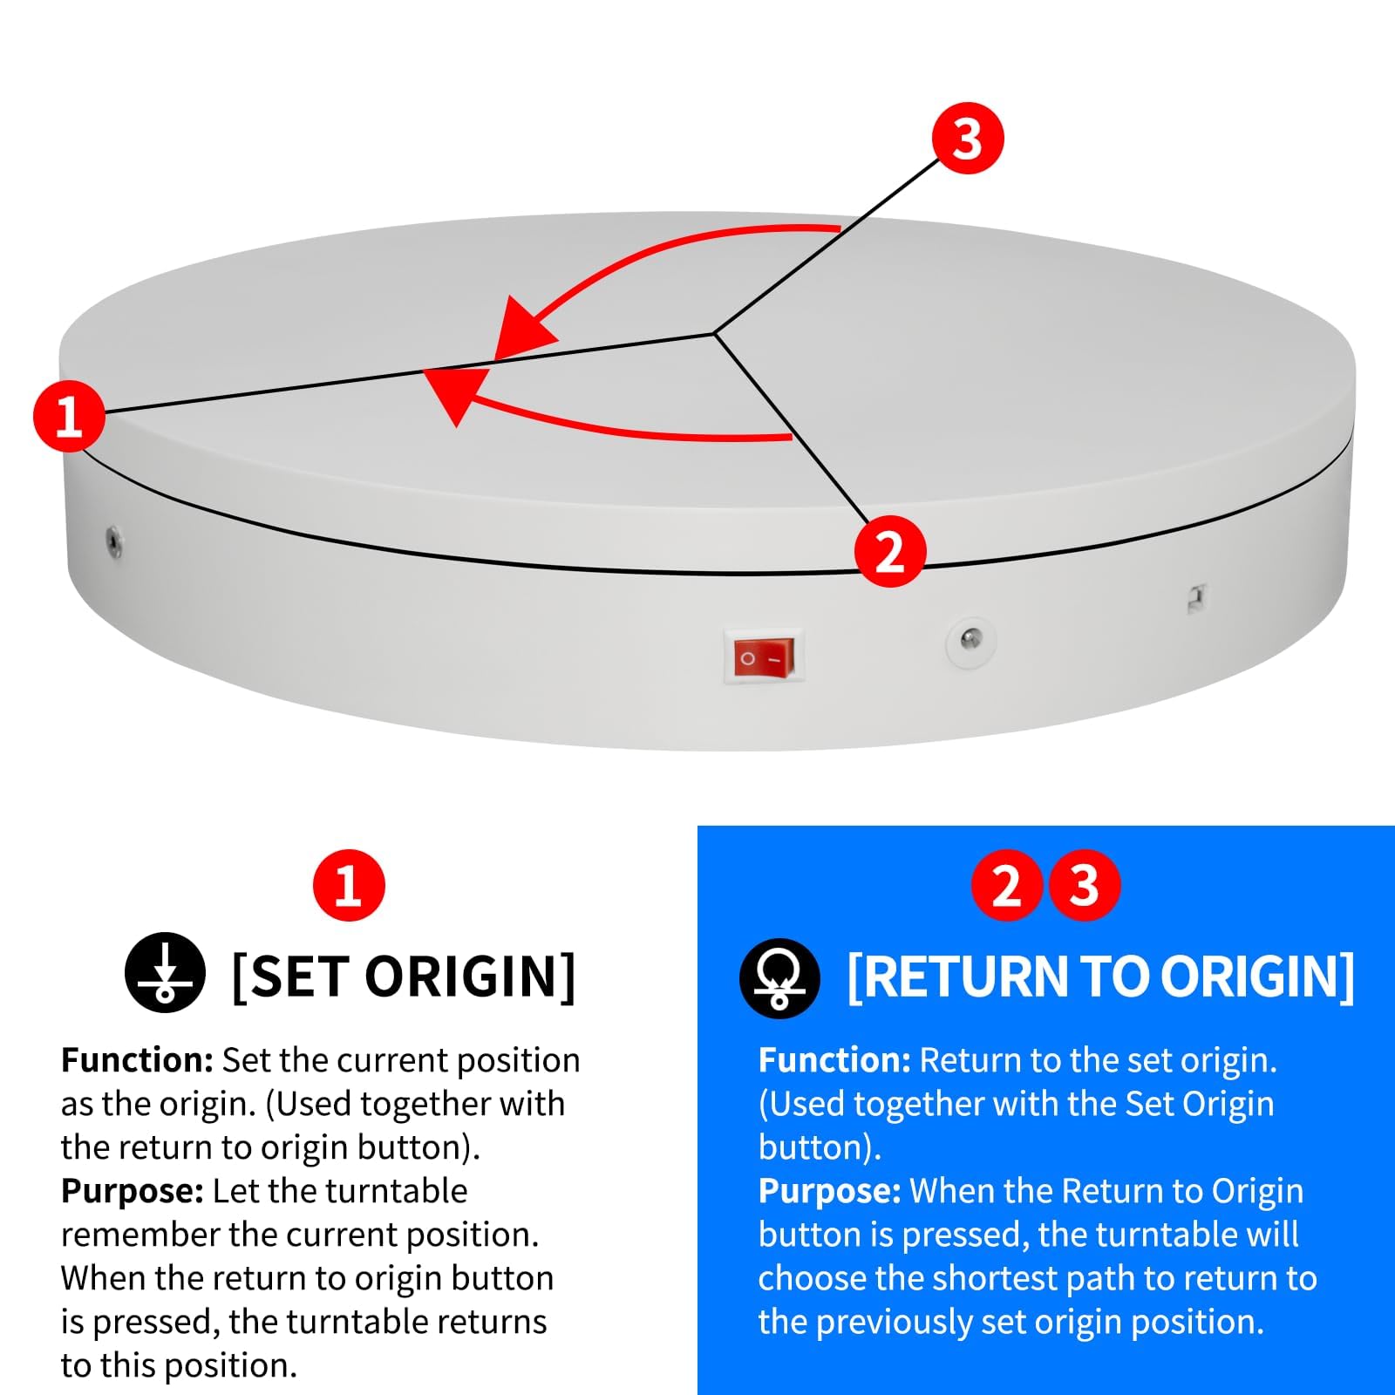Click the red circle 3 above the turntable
[968, 138]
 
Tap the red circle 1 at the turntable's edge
[69, 416]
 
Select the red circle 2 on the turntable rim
[889, 551]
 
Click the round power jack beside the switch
[970, 641]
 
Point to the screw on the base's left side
[113, 541]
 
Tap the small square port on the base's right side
[1198, 599]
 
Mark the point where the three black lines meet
[714, 333]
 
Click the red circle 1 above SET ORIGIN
[349, 886]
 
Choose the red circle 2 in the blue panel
[1007, 886]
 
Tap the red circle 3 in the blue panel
[1084, 886]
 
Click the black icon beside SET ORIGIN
[165, 972]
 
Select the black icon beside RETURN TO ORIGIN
[779, 978]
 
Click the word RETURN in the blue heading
[964, 976]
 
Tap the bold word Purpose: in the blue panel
[829, 1192]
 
